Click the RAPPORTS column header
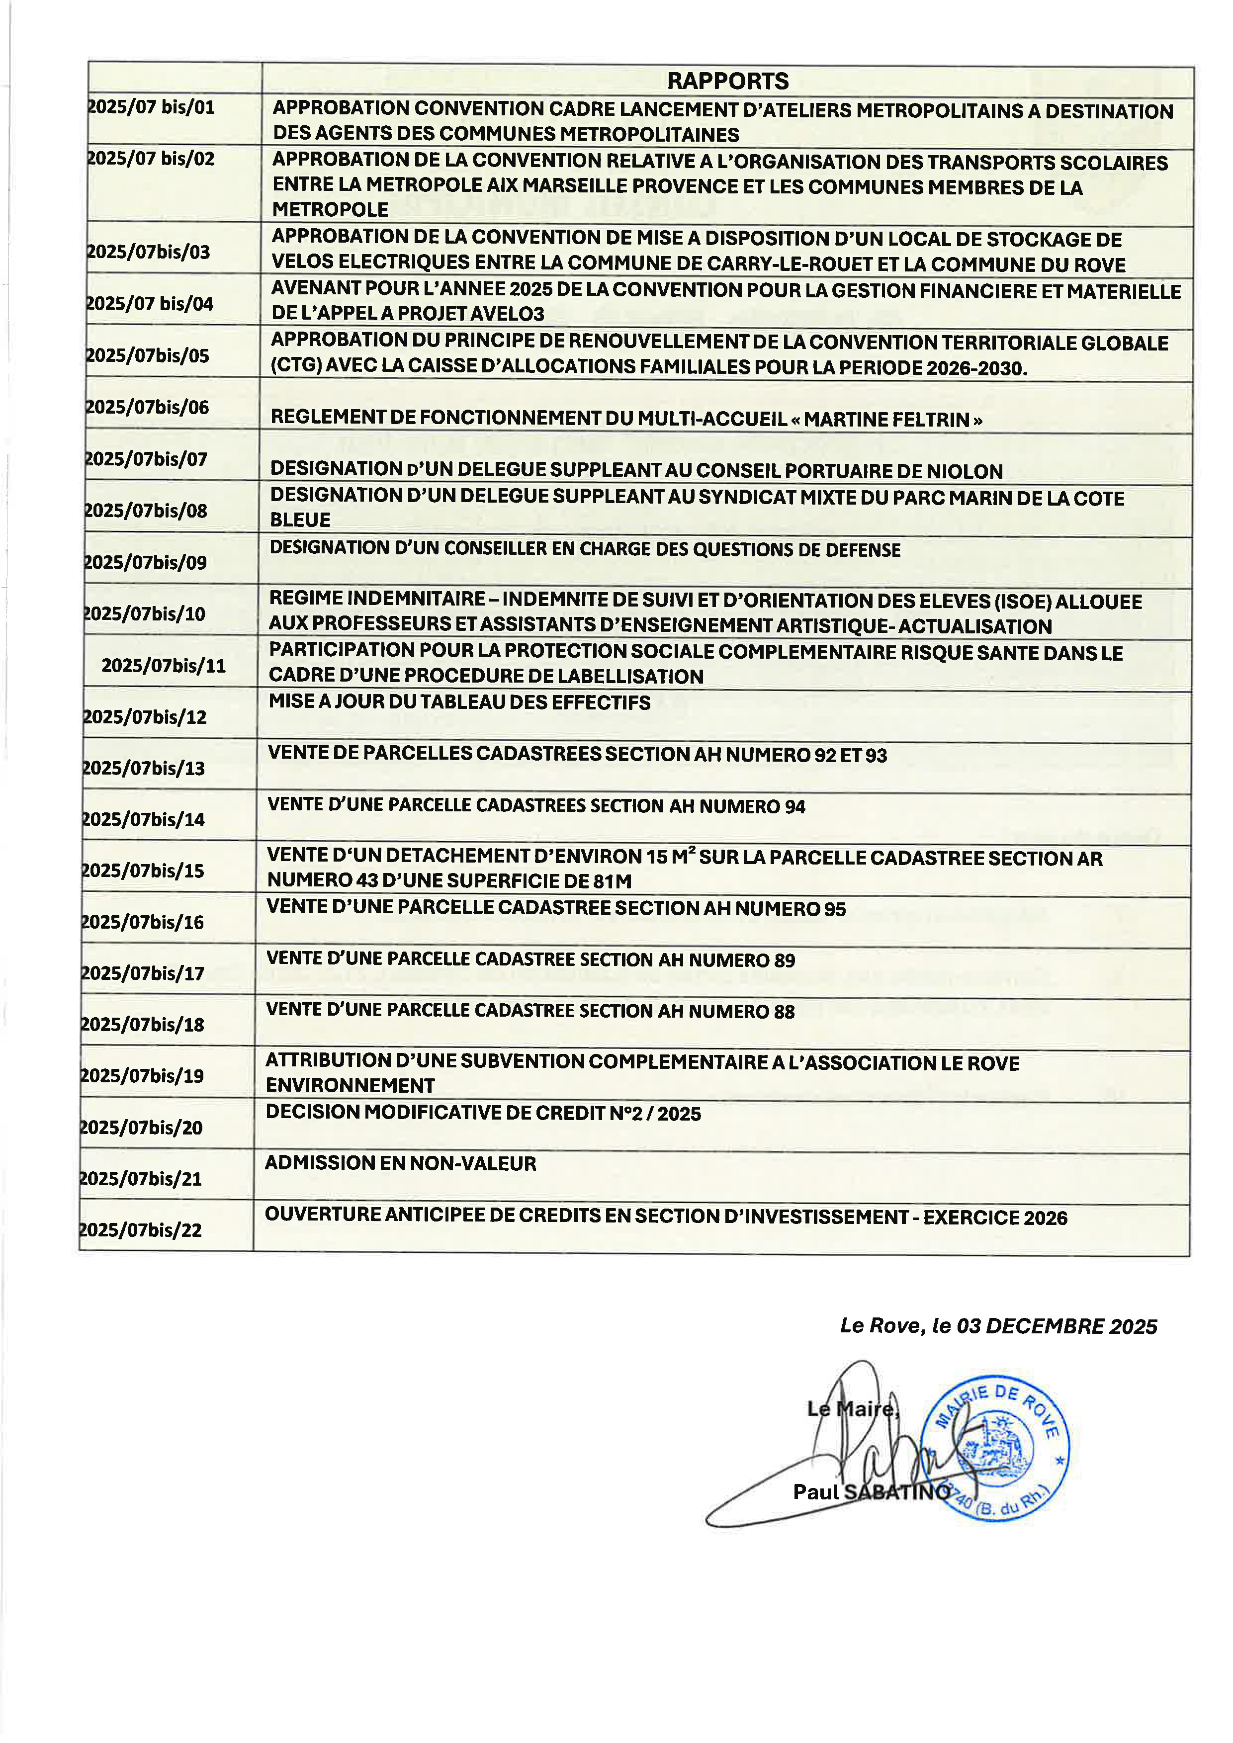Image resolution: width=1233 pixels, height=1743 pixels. click(x=727, y=81)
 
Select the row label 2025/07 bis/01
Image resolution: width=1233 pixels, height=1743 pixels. click(x=151, y=107)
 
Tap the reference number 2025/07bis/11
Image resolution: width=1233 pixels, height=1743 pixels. click(x=163, y=666)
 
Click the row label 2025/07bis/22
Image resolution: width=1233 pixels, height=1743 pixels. click(x=141, y=1230)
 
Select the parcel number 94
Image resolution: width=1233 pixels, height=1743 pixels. click(x=795, y=806)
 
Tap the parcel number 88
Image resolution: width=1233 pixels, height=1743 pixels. click(x=784, y=1011)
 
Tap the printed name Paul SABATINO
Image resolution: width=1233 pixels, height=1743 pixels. click(x=871, y=1492)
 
